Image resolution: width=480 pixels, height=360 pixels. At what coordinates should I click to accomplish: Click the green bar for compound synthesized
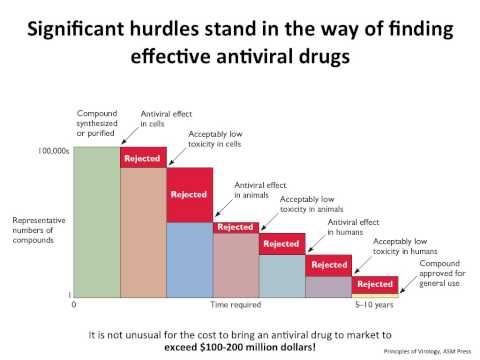(97, 222)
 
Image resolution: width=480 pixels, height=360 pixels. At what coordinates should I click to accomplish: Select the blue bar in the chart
(189, 259)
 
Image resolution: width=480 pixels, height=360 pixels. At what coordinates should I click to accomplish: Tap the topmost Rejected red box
(143, 157)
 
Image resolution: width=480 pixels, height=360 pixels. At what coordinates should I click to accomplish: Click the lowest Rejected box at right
(374, 284)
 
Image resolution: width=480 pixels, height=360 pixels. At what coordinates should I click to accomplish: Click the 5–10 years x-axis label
(374, 304)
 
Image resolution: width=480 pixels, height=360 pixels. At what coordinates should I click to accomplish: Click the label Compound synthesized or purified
(98, 123)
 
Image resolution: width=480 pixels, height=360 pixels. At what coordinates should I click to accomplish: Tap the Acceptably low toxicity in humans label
(399, 247)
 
